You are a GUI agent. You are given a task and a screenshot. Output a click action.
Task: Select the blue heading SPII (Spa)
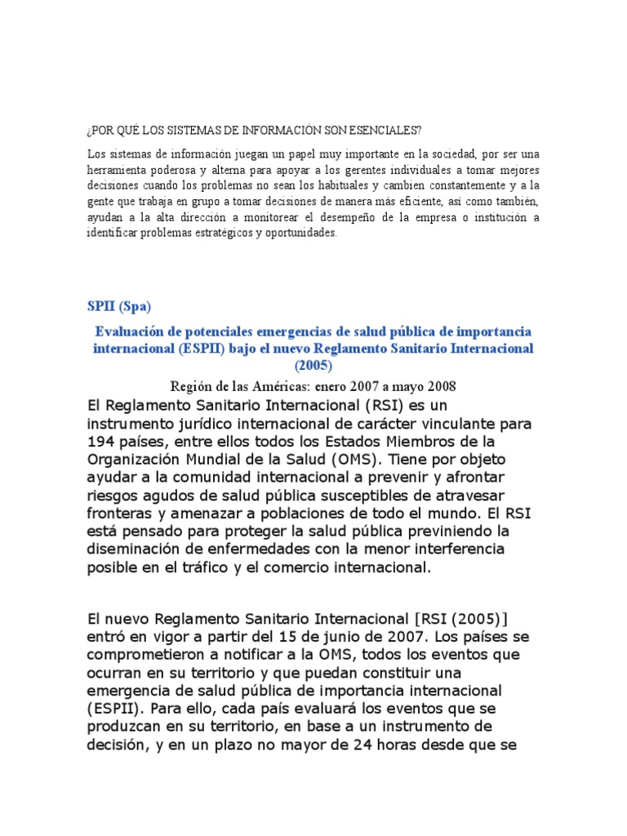click(x=119, y=307)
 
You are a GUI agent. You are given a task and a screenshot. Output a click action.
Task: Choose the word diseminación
click(x=136, y=549)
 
